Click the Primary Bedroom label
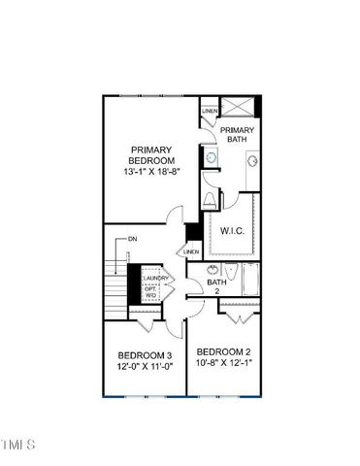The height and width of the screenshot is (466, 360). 152,155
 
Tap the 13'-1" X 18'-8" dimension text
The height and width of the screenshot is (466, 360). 152,173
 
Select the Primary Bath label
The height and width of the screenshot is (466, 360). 237,134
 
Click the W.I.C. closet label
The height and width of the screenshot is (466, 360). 231,231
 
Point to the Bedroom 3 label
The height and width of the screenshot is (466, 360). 145,355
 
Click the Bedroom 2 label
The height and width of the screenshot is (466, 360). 224,351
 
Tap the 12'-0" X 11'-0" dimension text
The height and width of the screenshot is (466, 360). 145,368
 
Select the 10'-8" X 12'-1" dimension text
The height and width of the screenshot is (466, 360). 224,363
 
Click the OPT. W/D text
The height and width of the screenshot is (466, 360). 151,293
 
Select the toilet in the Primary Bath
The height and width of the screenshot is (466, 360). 211,200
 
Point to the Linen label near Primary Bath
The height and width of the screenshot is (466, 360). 209,112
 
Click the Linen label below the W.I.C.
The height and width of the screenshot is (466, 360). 191,251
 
